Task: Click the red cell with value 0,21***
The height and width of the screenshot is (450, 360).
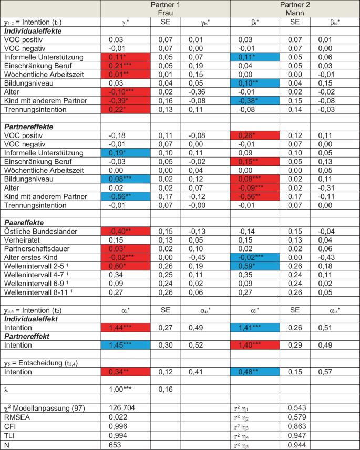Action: [x=128, y=65]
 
